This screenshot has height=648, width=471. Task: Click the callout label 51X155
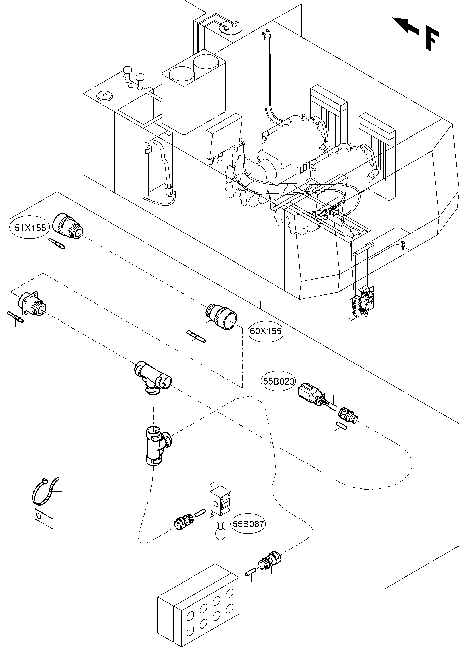point(30,228)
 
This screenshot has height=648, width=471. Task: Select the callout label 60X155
point(266,331)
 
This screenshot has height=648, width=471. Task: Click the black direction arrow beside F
point(405,26)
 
